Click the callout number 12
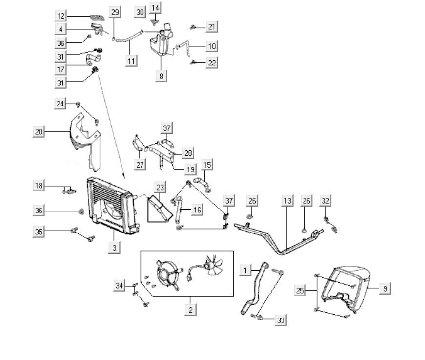(x=61, y=16)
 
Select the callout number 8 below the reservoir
(x=162, y=76)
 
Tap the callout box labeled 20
(x=39, y=131)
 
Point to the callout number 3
(x=114, y=248)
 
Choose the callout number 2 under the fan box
(x=190, y=309)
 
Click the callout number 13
(x=287, y=200)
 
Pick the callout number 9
(x=385, y=289)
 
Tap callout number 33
(x=280, y=320)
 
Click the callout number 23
(x=161, y=187)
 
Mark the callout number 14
(x=155, y=8)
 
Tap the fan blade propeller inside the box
(x=213, y=267)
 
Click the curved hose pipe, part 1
(x=254, y=288)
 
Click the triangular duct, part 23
(x=159, y=207)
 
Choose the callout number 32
(x=325, y=200)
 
